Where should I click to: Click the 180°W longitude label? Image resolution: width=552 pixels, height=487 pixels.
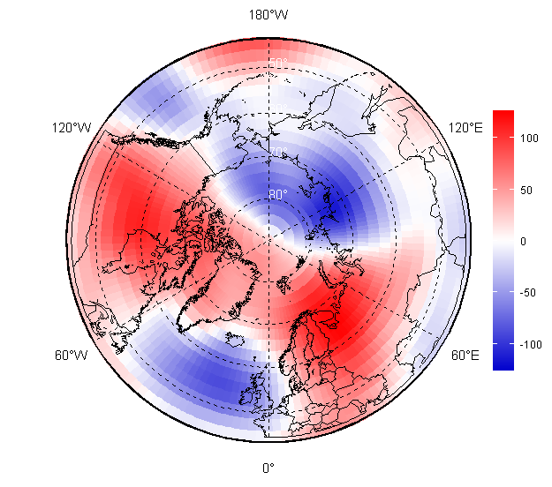coord(268,15)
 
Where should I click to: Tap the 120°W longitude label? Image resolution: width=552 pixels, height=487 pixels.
coord(72,128)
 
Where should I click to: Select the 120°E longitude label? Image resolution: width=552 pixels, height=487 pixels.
coord(465,128)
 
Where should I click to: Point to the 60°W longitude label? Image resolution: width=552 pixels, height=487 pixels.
coord(72,356)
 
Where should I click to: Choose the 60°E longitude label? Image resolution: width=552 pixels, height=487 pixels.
coord(465,356)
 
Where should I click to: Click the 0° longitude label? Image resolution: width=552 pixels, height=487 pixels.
coord(268,468)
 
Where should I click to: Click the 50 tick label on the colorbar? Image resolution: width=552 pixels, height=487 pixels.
coord(526,190)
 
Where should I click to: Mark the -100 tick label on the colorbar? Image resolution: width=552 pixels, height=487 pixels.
coord(531,343)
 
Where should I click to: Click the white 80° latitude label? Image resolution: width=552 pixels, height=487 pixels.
coord(277,195)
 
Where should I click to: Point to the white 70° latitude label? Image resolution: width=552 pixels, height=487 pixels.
coord(277,153)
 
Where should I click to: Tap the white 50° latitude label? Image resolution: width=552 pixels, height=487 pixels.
coord(277,63)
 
